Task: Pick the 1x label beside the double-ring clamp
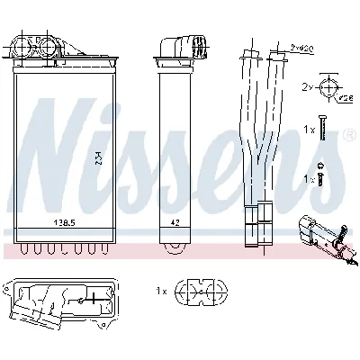coord(162,292)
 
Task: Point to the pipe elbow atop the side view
coord(179,45)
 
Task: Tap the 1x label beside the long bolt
coord(309,130)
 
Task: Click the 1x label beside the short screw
coord(309,179)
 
